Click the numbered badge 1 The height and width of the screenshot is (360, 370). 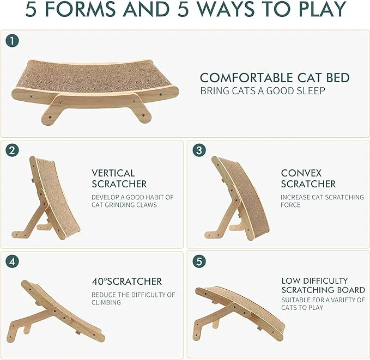click(x=12, y=41)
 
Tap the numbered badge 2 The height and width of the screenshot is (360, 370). click(x=12, y=151)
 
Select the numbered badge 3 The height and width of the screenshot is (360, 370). click(x=199, y=151)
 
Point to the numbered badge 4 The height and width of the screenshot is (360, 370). click(x=12, y=261)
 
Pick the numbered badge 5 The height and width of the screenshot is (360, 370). click(x=199, y=261)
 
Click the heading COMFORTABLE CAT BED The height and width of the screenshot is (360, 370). click(x=275, y=78)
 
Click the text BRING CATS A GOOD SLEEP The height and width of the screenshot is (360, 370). click(x=263, y=91)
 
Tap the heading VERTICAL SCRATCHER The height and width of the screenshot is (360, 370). click(x=119, y=178)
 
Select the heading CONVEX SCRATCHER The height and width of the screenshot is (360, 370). click(x=308, y=178)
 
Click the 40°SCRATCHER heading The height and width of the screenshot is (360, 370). click(x=126, y=282)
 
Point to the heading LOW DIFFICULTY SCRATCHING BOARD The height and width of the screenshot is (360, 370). click(x=323, y=285)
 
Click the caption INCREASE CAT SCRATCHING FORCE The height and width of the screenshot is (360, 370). click(x=322, y=201)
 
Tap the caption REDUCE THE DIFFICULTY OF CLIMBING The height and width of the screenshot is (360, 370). click(x=133, y=298)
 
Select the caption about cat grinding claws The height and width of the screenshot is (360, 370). click(x=132, y=201)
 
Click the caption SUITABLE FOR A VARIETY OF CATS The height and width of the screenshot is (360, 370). click(x=323, y=303)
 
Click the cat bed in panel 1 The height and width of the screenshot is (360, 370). click(x=94, y=87)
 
